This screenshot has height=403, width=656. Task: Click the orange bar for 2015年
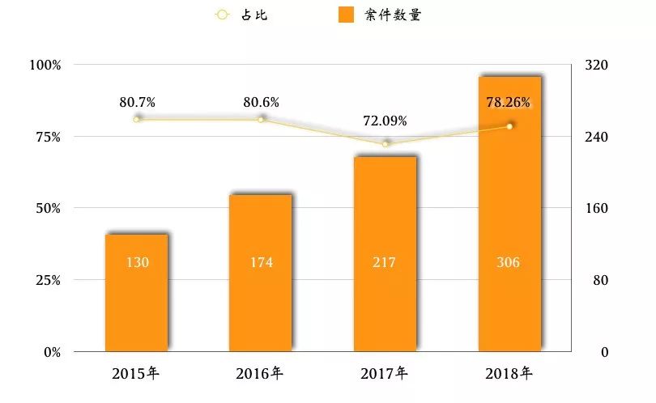(136, 293)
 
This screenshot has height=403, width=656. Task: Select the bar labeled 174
(260, 273)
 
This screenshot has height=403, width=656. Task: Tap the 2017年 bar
(385, 254)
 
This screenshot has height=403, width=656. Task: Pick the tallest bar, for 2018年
(509, 214)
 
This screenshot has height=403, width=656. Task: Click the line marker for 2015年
(136, 119)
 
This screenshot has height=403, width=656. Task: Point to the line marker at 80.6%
(261, 120)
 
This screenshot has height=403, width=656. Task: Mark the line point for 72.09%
(386, 144)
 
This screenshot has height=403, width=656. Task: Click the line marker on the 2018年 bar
(509, 126)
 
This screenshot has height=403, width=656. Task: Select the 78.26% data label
(508, 102)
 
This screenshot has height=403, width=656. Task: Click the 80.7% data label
(137, 102)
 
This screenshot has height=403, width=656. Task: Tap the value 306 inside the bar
(508, 262)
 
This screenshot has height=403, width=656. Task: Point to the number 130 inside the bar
(137, 262)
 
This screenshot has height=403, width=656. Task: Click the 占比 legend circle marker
(222, 15)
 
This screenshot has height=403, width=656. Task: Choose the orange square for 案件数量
(346, 15)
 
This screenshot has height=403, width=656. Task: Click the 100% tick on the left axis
(45, 65)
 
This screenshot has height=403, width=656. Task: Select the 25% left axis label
(48, 280)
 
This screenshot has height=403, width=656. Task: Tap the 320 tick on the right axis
(596, 65)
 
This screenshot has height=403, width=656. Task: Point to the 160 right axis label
(596, 208)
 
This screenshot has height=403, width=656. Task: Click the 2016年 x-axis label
(259, 373)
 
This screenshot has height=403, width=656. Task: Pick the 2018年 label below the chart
(509, 373)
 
